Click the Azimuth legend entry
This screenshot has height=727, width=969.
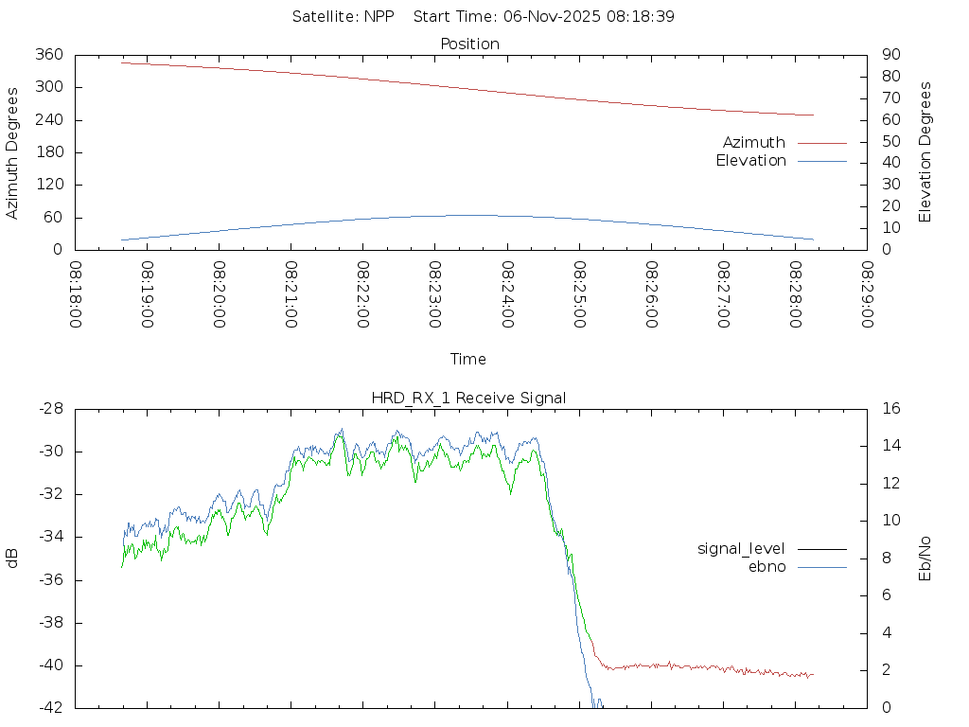click(754, 143)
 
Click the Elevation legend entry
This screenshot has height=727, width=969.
click(750, 161)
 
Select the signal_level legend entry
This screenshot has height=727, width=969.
click(741, 549)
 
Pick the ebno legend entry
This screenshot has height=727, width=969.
click(767, 567)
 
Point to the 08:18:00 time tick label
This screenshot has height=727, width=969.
click(76, 295)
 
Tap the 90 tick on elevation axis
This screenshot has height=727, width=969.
click(889, 55)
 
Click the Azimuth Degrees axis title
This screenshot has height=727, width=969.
click(13, 152)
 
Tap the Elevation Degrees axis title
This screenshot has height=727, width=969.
click(925, 152)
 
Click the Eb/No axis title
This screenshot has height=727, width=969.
click(925, 558)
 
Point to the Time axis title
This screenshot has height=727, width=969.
click(468, 360)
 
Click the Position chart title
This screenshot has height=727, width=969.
click(470, 44)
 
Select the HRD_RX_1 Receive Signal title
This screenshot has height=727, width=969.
click(469, 399)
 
